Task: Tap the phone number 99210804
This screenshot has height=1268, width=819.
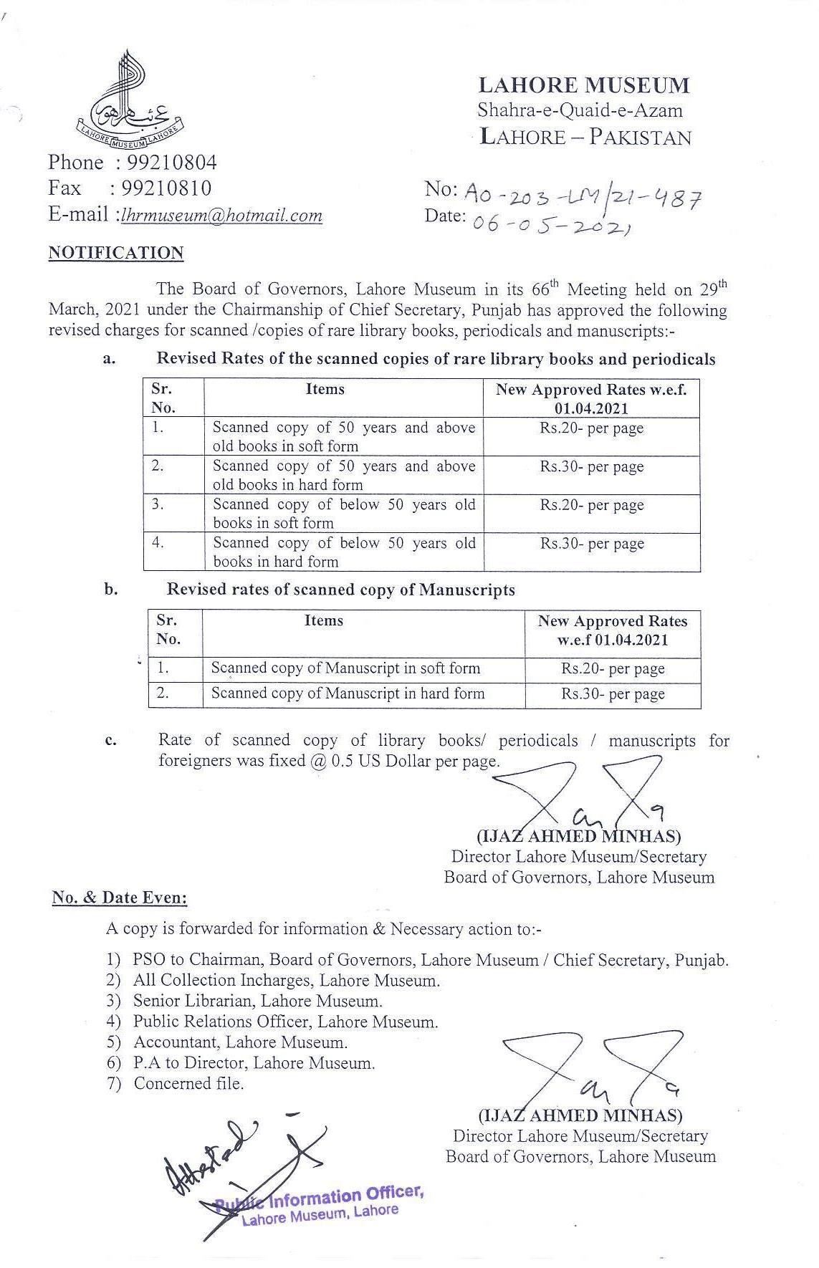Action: pos(171,163)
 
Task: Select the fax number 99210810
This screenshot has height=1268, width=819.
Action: pos(166,188)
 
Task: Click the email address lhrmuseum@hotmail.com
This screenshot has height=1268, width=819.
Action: pos(222,215)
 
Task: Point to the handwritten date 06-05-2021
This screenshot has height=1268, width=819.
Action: pos(551,224)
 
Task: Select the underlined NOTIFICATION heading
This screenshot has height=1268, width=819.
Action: pos(116,253)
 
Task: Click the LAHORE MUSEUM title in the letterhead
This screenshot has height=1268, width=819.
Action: pos(583,86)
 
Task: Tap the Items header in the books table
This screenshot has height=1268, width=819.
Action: pos(325,389)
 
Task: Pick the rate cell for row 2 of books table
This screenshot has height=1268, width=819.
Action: pos(591,467)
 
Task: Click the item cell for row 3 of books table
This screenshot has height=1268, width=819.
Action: pos(344,514)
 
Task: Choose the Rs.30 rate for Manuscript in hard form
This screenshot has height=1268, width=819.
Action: pos(613,694)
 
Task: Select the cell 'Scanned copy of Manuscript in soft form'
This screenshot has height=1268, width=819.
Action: pos(345,668)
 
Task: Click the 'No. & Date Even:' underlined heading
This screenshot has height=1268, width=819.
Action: pos(120,898)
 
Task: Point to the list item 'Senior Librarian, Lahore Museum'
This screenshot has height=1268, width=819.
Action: pos(258,1001)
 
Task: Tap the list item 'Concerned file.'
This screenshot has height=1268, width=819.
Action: pos(188,1084)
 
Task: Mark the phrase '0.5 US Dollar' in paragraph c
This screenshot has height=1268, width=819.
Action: pos(381,761)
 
